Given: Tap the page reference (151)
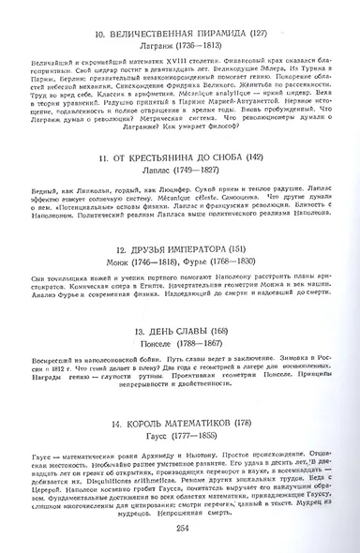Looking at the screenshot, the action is (x=252, y=250).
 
